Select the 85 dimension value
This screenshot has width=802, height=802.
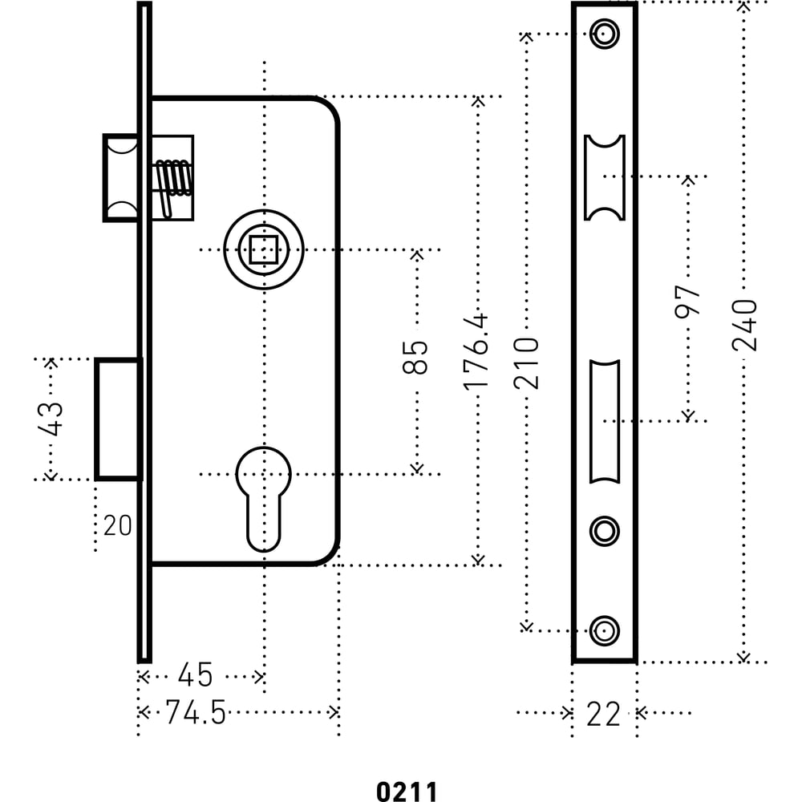tap(415, 357)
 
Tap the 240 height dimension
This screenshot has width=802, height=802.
tap(745, 324)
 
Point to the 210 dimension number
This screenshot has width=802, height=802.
tap(527, 363)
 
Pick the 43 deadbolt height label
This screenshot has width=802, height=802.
tap(51, 417)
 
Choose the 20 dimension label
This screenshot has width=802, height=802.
tap(117, 526)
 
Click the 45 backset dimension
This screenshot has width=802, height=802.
tap(195, 675)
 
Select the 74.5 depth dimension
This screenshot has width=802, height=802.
tap(195, 712)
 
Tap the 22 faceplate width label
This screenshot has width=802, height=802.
tap(603, 714)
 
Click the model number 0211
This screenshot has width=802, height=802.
tap(407, 792)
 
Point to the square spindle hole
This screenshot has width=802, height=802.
tap(263, 250)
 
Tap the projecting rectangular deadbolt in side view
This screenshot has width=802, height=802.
tap(119, 419)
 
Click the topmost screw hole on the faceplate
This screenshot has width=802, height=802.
tap(604, 34)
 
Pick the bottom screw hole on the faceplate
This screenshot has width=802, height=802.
tap(604, 630)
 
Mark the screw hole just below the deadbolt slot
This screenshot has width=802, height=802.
tap(604, 530)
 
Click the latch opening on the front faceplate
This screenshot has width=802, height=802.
tap(604, 177)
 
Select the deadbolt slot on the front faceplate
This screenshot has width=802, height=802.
tap(604, 422)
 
